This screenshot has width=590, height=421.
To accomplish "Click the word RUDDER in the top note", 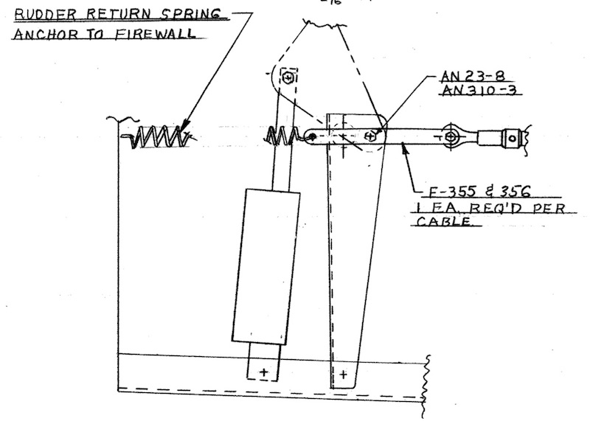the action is coord(45,14).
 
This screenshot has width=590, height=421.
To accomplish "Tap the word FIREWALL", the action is coord(156,34).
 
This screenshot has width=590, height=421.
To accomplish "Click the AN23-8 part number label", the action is coord(473,76).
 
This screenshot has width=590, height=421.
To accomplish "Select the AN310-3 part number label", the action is coord(479,90).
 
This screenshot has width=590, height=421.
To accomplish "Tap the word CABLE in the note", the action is coord(444,221).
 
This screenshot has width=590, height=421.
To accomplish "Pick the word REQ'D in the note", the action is coord(492,207).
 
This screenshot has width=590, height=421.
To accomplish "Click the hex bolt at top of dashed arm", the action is coord(288,78).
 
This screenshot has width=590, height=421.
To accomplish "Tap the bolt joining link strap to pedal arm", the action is coord(370,136).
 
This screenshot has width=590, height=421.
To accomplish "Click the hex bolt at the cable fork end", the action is coord(450,136).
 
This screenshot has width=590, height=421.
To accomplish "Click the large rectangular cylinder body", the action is coord(266,267).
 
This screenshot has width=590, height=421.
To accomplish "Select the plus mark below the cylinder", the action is coord(264,372).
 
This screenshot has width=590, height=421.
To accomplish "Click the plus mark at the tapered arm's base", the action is coord(344,375).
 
